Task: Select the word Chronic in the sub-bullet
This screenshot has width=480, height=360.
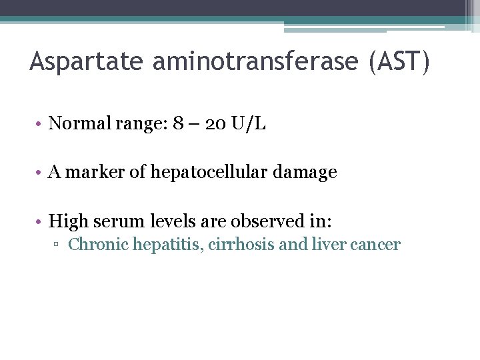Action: (x=99, y=245)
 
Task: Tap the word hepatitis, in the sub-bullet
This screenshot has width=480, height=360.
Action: (x=169, y=245)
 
